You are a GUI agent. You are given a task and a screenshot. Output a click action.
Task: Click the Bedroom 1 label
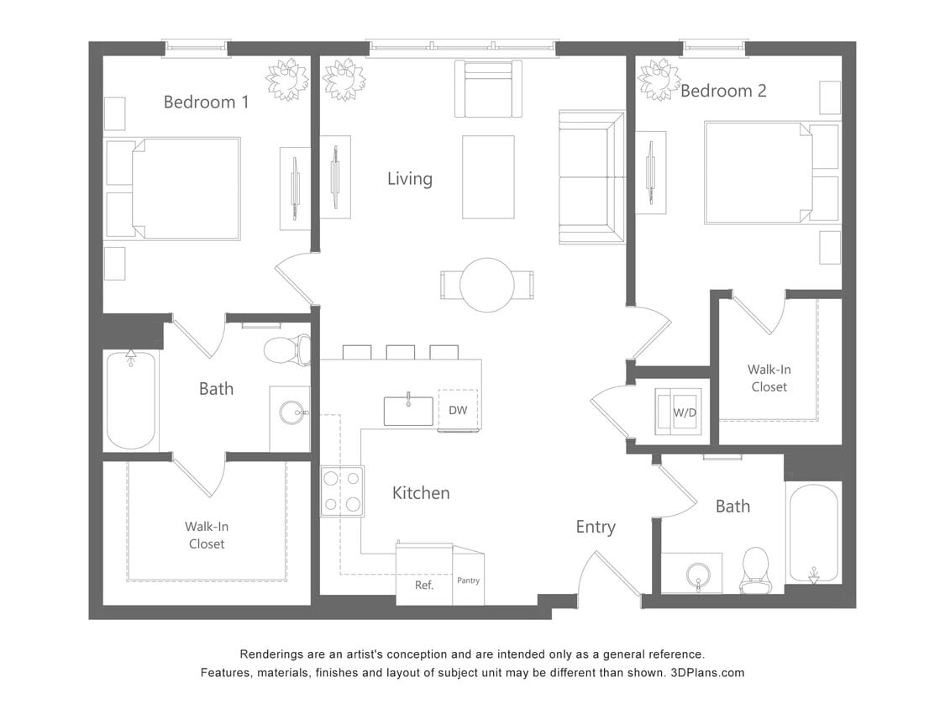[x=206, y=102]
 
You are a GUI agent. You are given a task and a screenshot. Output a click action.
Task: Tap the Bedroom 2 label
[x=723, y=91]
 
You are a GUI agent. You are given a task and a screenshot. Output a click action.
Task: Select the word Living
[x=410, y=179]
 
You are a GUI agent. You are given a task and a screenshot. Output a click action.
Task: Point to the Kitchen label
[x=421, y=493]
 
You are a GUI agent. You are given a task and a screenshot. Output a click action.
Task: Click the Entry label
[x=596, y=527]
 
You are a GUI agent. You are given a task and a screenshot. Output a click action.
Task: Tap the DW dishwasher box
[x=458, y=411]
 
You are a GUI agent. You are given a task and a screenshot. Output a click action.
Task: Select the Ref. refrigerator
[x=424, y=585]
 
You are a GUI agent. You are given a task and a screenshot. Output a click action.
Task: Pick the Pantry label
[x=469, y=580]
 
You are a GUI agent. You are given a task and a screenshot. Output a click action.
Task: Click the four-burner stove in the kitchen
[x=343, y=491]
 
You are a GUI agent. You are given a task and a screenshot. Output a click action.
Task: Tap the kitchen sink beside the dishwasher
[x=408, y=411]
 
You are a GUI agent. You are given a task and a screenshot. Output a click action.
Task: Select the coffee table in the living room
[x=488, y=176]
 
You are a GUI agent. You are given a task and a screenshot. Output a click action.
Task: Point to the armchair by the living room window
[x=488, y=89]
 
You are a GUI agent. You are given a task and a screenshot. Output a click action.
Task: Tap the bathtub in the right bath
[x=812, y=533]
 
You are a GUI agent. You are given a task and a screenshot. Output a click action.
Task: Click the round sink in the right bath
[x=698, y=575]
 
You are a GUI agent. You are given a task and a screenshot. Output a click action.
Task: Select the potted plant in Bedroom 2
[x=659, y=80]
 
